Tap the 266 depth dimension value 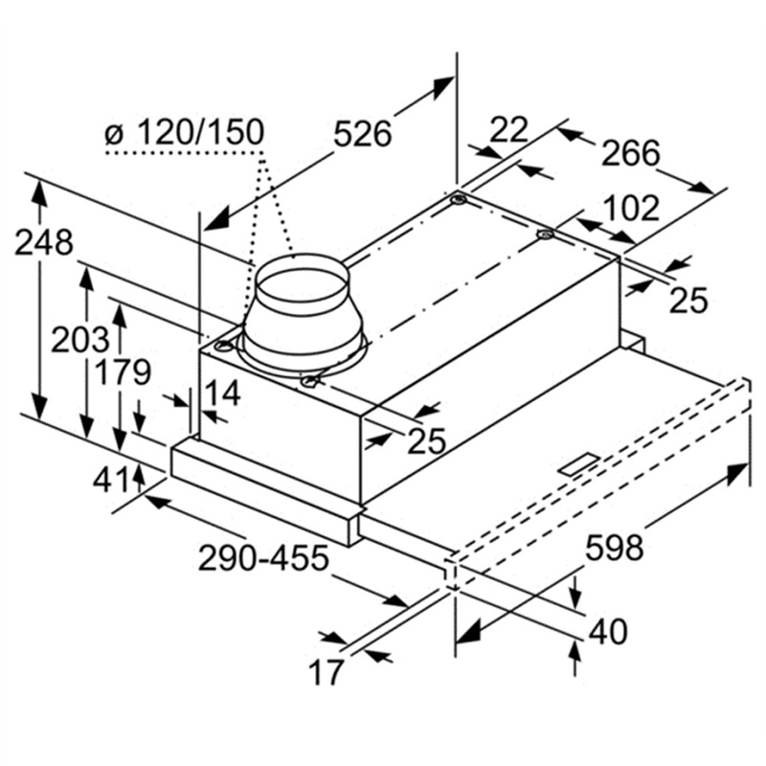tap(631, 152)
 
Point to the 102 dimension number tap(631, 208)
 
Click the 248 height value tap(43, 243)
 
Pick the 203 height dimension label tap(79, 340)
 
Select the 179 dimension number tap(122, 372)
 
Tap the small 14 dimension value tap(222, 393)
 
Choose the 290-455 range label tap(263, 558)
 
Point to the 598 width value tap(613, 549)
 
